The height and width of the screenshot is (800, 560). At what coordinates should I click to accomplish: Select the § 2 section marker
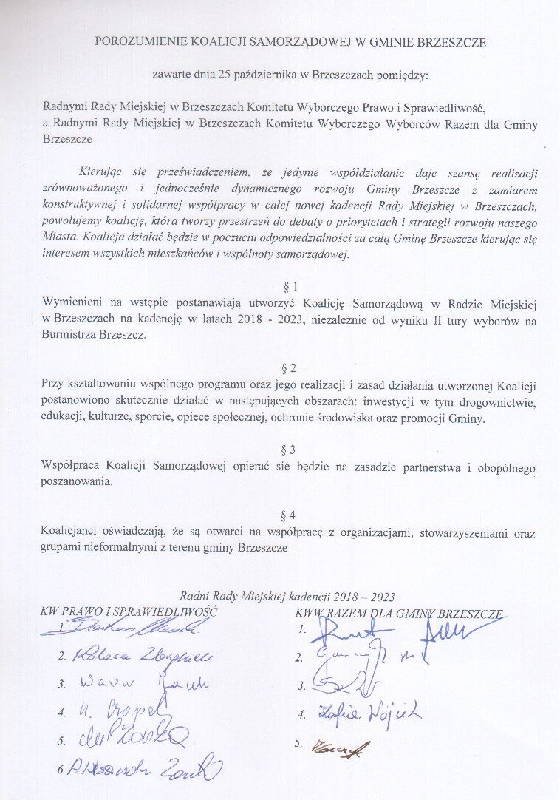pos(290,367)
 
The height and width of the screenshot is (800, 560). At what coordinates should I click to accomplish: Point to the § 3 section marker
pos(290,449)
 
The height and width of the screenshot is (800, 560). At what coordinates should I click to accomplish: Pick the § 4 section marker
pos(290,514)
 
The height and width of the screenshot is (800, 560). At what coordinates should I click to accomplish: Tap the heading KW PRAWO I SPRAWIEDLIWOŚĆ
pos(130,612)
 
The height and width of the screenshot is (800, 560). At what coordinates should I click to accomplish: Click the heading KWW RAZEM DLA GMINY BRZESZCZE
pos(399,614)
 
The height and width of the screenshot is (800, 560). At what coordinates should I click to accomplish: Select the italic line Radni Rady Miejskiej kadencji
pos(288,597)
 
